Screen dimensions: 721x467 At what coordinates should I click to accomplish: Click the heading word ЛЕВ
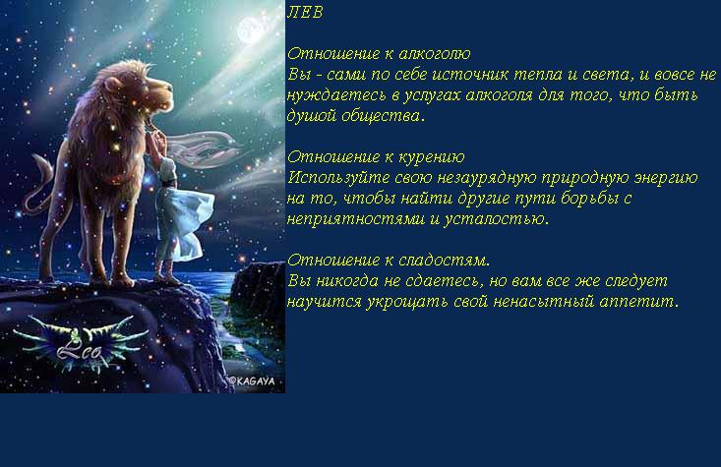coord(305,13)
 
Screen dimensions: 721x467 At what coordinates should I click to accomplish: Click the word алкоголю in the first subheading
coord(435,54)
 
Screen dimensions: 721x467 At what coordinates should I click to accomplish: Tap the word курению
coord(431,157)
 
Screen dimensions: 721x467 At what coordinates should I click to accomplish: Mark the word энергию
coord(666,178)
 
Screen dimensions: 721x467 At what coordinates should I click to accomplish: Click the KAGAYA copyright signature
coord(252,381)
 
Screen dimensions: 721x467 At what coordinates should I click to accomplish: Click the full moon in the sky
coord(251,30)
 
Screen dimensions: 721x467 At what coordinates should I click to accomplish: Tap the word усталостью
coord(496,219)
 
